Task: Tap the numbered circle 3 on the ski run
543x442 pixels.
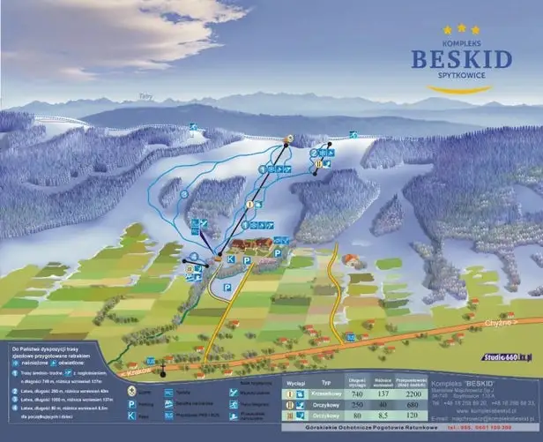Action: (184, 192)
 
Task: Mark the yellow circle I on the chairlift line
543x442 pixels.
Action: (249, 203)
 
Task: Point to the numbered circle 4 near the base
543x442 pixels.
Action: (193, 257)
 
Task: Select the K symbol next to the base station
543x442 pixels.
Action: (231, 260)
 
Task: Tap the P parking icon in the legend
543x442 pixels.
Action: (131, 402)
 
